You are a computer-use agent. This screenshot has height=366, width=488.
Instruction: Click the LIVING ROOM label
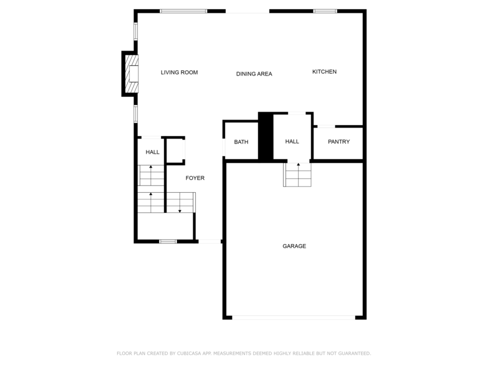(179, 73)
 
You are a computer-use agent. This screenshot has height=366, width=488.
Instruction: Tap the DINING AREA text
(254, 74)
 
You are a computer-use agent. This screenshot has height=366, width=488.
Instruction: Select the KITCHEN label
(324, 72)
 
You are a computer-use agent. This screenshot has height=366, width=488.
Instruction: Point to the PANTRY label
(339, 142)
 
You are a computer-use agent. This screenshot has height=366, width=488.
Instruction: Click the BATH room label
(241, 142)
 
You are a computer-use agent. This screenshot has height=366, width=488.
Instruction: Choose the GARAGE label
(294, 246)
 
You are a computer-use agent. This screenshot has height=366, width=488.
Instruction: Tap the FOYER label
(195, 178)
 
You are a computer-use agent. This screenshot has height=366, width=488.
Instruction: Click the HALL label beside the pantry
(292, 142)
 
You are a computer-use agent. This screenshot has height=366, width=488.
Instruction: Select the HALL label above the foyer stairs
(152, 152)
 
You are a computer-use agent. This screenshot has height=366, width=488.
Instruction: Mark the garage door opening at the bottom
(294, 317)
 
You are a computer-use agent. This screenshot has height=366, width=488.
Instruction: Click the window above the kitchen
(325, 11)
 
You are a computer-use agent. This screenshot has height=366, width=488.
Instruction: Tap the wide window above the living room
(183, 11)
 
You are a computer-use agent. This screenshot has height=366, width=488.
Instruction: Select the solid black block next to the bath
(265, 137)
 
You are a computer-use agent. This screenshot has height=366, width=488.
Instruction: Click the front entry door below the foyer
(209, 242)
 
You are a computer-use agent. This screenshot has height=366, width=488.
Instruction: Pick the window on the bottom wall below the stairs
(168, 242)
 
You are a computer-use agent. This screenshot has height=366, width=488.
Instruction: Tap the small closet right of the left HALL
(176, 151)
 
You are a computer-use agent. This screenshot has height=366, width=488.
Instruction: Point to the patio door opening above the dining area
(247, 11)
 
